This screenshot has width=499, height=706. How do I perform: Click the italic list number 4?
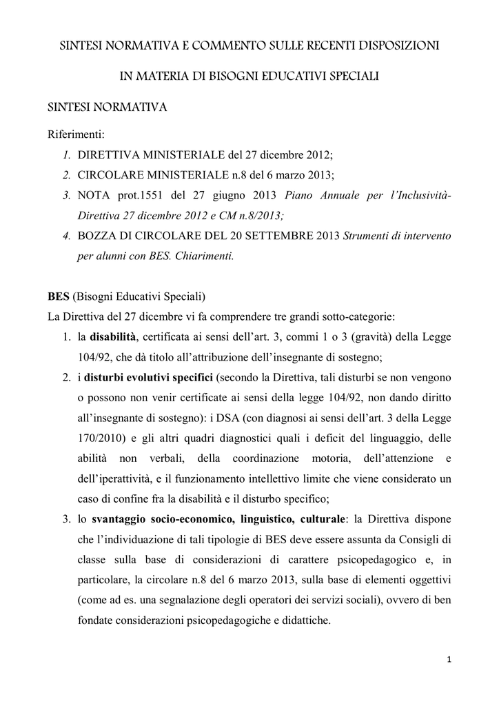[x=66, y=235]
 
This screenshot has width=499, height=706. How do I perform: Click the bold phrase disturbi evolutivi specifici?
[x=149, y=378]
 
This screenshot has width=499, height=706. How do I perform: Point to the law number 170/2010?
[x=98, y=438]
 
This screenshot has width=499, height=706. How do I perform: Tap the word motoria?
[x=338, y=458]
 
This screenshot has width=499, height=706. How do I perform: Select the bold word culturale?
[x=322, y=518]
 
